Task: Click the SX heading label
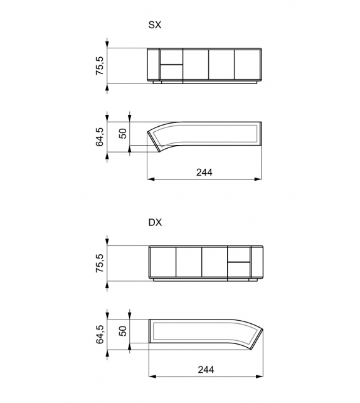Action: [154, 25]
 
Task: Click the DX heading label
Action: [154, 223]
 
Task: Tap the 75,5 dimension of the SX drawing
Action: [99, 65]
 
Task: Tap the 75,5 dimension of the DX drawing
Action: [99, 263]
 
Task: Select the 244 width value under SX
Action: [204, 172]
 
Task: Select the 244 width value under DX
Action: [204, 370]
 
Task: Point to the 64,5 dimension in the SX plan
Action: [99, 137]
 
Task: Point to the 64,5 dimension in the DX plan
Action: [99, 335]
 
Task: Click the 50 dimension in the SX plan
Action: [122, 133]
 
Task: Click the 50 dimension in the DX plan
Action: [122, 331]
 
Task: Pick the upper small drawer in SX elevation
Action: [171, 56]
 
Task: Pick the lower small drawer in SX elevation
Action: [171, 72]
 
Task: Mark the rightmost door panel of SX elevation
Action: [246, 65]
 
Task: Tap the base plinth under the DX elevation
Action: [207, 280]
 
